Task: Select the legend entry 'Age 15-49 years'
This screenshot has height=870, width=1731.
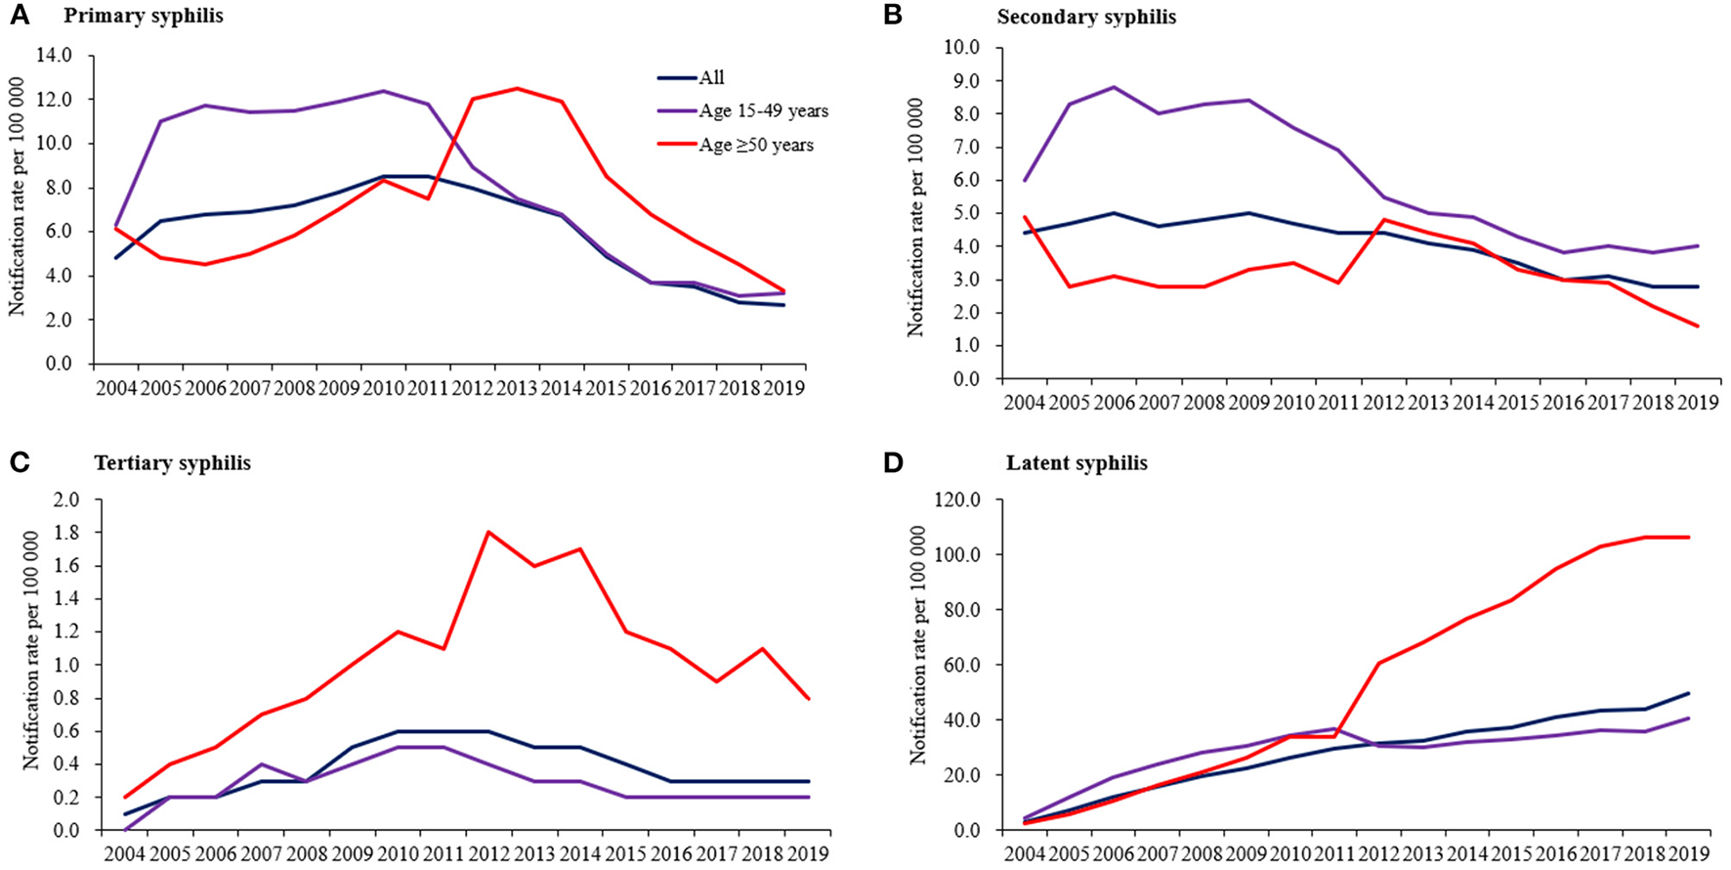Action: [x=763, y=111]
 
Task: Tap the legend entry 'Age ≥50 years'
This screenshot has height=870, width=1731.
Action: [x=755, y=145]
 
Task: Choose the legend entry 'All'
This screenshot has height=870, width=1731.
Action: [x=711, y=78]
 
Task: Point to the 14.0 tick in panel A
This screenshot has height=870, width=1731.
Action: [x=54, y=56]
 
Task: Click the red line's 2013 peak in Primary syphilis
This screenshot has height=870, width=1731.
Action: [x=517, y=89]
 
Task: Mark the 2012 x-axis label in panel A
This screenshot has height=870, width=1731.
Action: [x=473, y=388]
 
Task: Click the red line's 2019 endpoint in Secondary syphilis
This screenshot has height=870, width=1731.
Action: [x=1698, y=326]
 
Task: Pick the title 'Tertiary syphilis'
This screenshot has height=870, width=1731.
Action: [x=173, y=463]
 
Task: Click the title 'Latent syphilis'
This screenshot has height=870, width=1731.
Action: [x=1077, y=463]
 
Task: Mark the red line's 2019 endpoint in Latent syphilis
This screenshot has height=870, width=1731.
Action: [x=1689, y=537]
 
